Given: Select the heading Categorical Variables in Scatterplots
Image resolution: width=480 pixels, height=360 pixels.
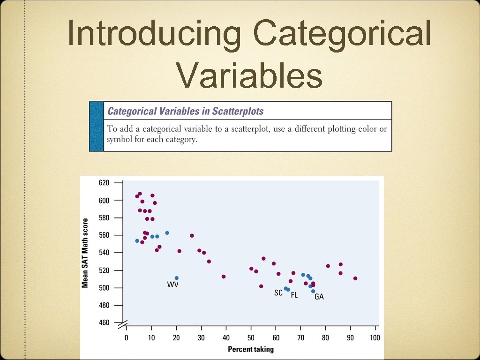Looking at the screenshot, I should tap(186, 112).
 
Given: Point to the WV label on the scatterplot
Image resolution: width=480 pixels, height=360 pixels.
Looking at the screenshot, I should tap(172, 285).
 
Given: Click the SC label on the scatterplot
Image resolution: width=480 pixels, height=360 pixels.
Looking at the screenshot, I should tap(278, 293).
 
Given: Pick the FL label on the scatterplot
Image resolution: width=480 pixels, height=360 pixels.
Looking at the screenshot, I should tap(294, 295).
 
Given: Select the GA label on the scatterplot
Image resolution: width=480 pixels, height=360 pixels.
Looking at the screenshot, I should tap(319, 297).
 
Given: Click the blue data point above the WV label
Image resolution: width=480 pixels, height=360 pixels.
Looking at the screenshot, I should tap(176, 278).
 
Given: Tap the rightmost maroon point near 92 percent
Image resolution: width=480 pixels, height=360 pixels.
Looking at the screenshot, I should tap(355, 278).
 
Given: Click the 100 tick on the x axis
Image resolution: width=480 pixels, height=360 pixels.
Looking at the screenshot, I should tap(375, 338).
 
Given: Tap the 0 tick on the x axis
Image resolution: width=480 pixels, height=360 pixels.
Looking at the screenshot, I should tap(126, 338).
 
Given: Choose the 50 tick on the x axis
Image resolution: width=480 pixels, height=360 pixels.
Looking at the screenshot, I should tap(251, 338).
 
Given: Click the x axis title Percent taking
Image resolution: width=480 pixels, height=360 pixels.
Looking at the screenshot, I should tap(250, 349).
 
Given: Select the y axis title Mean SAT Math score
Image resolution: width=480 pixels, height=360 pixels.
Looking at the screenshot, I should tap(85, 253).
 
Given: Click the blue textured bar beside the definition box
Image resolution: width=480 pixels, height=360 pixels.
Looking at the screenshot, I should tap(97, 127).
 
